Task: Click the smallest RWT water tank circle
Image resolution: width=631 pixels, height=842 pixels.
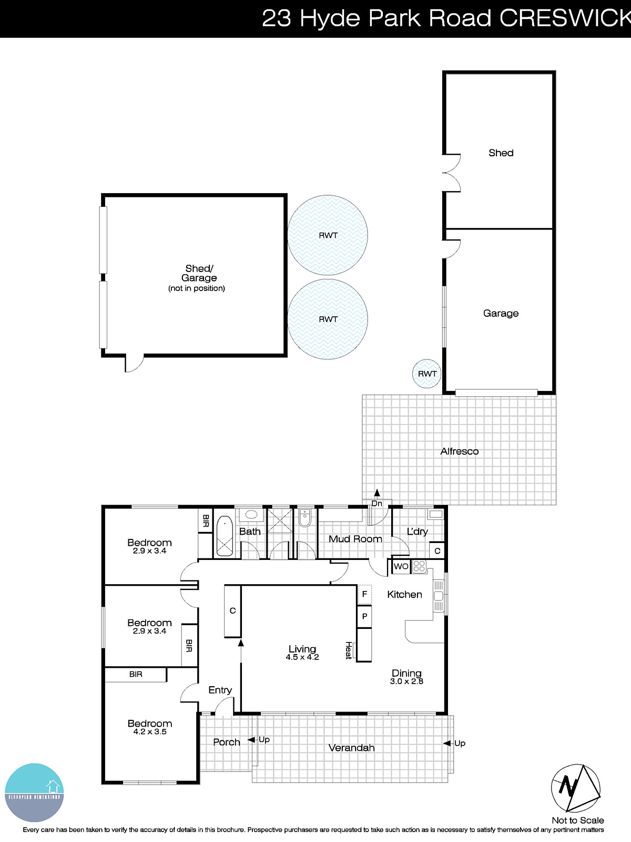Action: (427, 374)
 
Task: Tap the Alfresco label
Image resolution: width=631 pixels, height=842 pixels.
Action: (459, 452)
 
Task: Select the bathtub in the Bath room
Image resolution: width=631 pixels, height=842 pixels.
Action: (224, 536)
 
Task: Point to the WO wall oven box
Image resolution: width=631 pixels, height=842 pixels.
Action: (401, 566)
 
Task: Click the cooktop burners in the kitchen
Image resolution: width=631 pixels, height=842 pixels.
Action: (419, 566)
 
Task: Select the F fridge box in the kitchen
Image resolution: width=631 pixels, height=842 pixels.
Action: (364, 594)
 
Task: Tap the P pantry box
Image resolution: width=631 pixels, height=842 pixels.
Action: (364, 616)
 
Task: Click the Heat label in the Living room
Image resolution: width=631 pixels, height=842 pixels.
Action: (348, 650)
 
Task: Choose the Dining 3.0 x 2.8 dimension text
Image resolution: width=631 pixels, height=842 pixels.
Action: (406, 681)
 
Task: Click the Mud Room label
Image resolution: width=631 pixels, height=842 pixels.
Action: (355, 539)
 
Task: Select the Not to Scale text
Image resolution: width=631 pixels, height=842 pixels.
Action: (577, 820)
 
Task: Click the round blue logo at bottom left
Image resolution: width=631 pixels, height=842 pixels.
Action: (34, 792)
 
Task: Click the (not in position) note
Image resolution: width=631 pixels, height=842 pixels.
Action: (197, 288)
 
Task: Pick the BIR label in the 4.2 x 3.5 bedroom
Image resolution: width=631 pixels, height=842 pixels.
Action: (136, 674)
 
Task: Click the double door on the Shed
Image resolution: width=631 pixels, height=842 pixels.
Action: (451, 173)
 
